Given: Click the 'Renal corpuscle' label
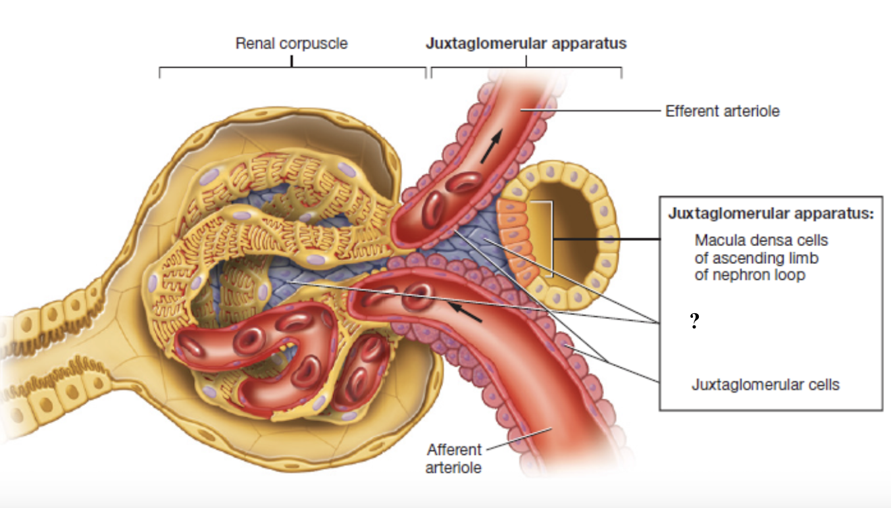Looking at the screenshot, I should [292, 44].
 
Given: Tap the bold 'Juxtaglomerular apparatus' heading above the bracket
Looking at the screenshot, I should [526, 44].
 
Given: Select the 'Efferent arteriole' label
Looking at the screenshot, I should [722, 111].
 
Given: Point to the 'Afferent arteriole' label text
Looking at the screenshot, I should [454, 459].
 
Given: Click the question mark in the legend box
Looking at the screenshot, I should [694, 322].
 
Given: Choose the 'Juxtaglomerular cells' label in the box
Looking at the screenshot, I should [765, 384].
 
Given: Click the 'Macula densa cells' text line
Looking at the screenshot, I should [761, 240].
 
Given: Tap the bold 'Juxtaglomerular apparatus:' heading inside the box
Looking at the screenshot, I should [770, 214].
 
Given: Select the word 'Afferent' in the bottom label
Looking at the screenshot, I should [454, 450].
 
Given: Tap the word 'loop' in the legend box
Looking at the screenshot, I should [790, 275].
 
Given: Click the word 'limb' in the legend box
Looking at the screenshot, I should [804, 258].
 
